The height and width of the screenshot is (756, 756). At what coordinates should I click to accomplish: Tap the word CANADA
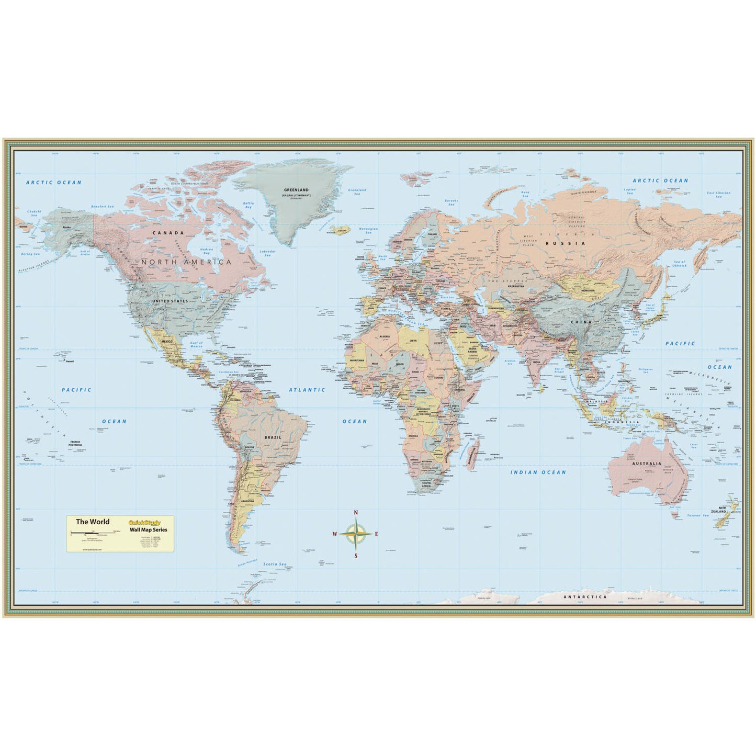click(168, 232)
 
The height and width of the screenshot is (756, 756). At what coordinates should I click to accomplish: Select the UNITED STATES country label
click(170, 301)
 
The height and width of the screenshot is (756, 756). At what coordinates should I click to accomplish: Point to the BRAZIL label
click(273, 437)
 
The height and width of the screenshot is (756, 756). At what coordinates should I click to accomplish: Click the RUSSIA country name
click(558, 243)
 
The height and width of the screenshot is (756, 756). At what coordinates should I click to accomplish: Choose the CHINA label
click(581, 322)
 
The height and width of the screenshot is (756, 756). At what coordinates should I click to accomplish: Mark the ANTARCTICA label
click(585, 596)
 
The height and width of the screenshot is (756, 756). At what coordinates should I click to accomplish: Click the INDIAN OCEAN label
click(538, 472)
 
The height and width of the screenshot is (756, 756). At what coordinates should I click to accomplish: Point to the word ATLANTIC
click(307, 390)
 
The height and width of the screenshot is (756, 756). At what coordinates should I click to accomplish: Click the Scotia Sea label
click(275, 563)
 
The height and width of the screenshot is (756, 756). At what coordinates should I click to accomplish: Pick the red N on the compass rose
click(356, 512)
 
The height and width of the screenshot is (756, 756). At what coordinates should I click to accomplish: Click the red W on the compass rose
click(334, 534)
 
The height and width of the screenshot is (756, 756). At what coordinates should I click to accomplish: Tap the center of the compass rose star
click(356, 534)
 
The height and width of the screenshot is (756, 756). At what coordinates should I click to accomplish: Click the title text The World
click(93, 522)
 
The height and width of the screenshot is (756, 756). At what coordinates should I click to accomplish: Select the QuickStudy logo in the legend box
click(144, 522)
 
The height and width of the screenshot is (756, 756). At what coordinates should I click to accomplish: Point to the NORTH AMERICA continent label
click(187, 262)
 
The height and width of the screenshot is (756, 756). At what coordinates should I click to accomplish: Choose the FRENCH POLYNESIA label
click(76, 444)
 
